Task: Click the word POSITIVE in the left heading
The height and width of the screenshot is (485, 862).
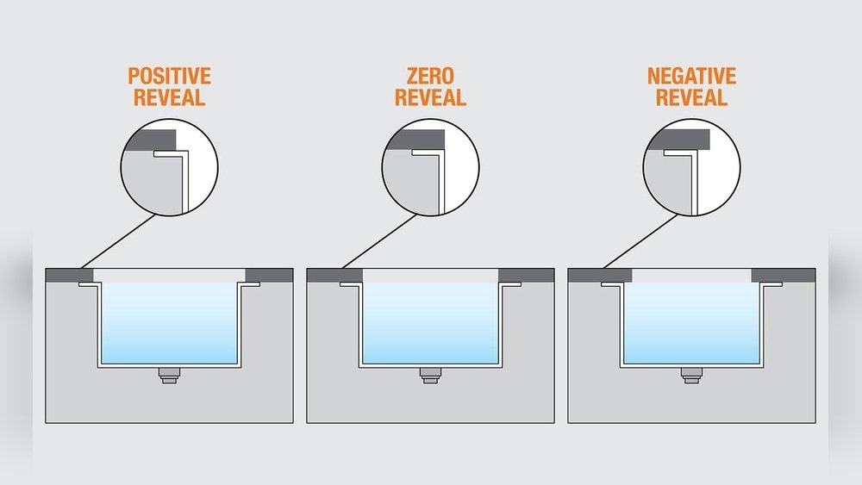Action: click(x=169, y=77)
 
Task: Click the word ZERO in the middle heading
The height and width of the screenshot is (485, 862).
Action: click(x=430, y=77)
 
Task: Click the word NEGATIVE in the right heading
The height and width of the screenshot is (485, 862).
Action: click(x=691, y=77)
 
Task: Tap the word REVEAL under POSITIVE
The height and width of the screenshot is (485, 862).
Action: click(x=169, y=97)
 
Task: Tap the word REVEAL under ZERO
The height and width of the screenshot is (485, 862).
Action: click(x=430, y=97)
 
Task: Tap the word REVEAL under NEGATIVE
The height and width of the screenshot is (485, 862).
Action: click(x=691, y=97)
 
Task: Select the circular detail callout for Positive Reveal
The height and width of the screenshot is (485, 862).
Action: click(x=169, y=167)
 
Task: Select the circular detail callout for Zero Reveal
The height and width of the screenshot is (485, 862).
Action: click(x=430, y=167)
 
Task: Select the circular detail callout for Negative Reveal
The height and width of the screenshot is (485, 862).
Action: click(x=692, y=167)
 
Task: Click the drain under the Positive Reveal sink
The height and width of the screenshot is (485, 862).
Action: click(x=169, y=375)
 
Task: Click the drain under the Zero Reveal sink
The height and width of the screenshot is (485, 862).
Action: click(x=430, y=375)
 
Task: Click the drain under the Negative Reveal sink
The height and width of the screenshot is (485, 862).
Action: click(x=691, y=375)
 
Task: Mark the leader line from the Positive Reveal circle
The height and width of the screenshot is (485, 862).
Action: click(x=116, y=241)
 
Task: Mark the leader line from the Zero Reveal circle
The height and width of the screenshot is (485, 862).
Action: click(x=378, y=241)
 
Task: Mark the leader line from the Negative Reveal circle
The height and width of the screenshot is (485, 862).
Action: click(x=639, y=241)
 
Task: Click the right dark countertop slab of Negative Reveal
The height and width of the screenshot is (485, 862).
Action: click(x=783, y=275)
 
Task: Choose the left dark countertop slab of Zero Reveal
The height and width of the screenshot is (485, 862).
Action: click(x=334, y=275)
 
